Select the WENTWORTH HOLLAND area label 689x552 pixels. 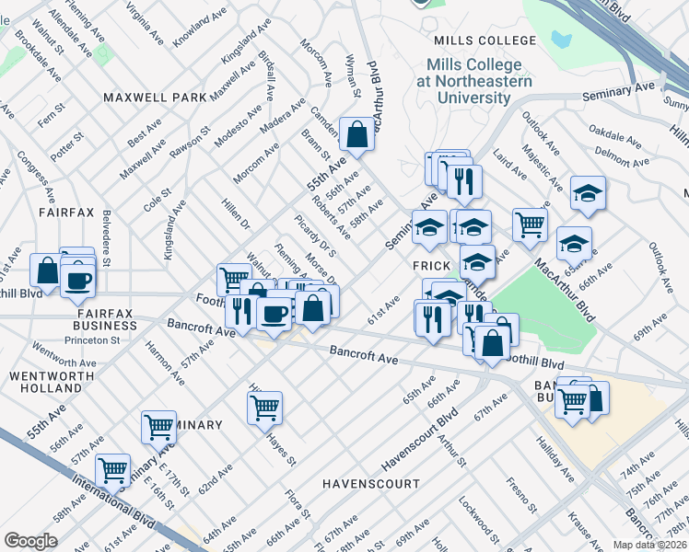pos(51,384)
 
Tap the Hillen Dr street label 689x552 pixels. pos(236,212)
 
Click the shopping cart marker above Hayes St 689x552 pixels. pos(264,406)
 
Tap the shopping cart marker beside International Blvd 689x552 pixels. pos(113,469)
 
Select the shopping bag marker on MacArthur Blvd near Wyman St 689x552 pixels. pos(356,134)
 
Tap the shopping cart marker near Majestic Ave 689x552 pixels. pos(530,224)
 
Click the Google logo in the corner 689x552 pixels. pos(30,541)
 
